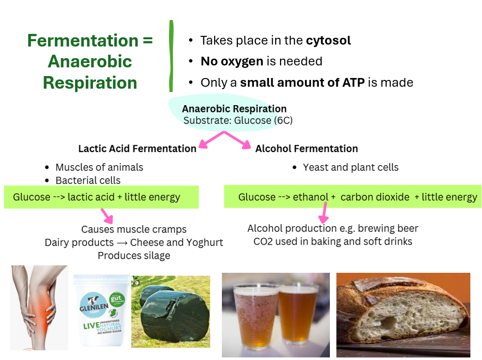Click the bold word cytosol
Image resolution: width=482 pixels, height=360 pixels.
coord(328,41)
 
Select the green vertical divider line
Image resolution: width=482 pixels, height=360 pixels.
coord(171,56)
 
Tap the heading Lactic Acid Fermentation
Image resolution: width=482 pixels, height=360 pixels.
coord(137,148)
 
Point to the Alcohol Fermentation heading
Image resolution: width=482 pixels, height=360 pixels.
coord(307,148)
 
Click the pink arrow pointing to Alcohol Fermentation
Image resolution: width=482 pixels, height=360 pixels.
coord(237,140)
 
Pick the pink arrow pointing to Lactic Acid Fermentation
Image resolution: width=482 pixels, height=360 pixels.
coord(212,140)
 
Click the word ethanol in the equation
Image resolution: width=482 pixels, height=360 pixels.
coord(311,197)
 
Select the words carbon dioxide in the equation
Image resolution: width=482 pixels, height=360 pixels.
coord(375,197)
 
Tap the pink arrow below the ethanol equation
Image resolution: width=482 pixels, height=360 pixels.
coord(324,213)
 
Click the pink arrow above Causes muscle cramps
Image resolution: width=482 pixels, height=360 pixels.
coord(107,216)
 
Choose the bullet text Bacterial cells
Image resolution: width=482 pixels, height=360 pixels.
coord(88,180)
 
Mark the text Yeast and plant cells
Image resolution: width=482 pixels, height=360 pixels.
coord(350,167)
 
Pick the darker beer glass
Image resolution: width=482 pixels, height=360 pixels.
coord(297,314)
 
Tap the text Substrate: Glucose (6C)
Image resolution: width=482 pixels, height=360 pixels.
coord(238,121)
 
